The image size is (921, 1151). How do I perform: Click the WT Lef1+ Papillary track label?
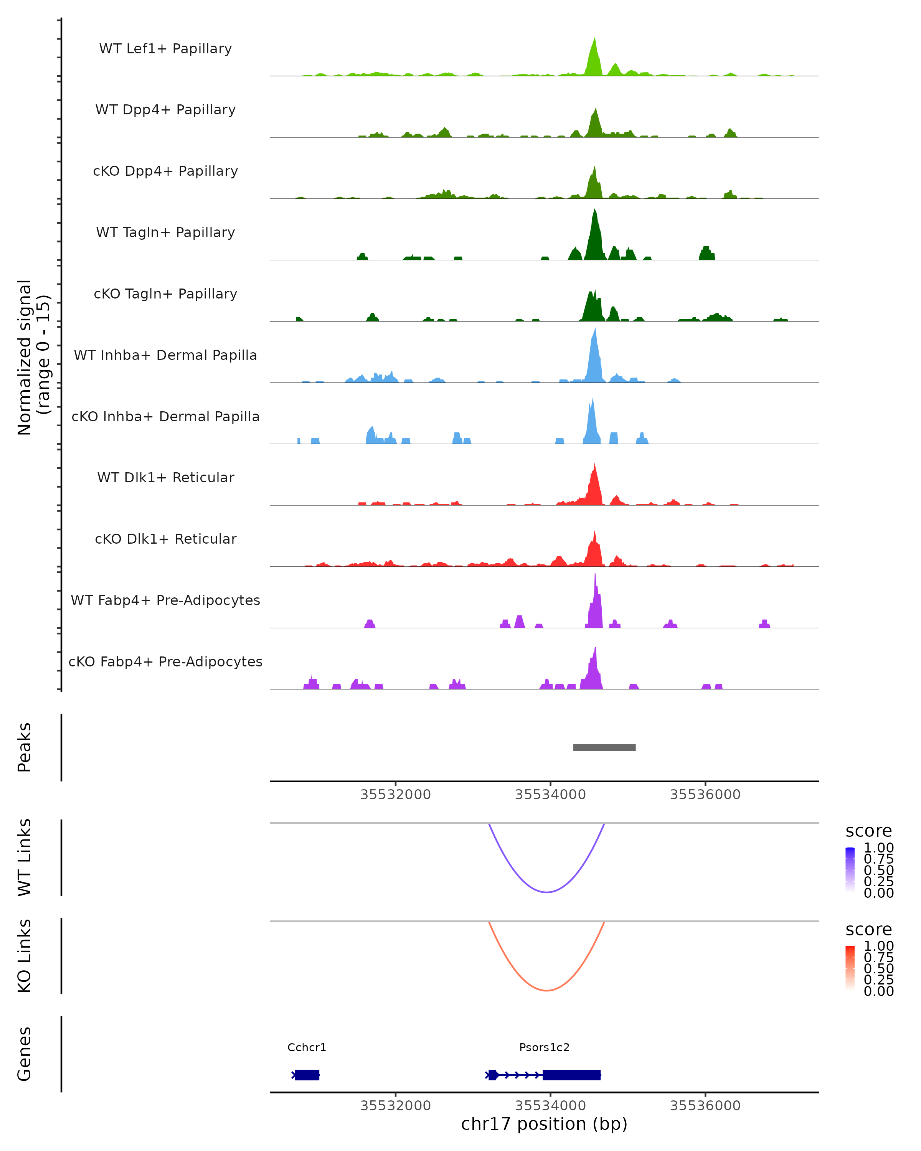coord(165,49)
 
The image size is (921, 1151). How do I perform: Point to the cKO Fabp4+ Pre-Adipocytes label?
coord(165,661)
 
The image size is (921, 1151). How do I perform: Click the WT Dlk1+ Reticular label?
coord(165,477)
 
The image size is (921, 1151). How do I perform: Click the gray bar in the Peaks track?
coord(604,747)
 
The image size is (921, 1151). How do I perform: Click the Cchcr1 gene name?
coord(307,1047)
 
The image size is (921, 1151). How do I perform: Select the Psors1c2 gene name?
coord(544,1047)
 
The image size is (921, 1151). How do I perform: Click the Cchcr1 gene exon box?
coord(307,1075)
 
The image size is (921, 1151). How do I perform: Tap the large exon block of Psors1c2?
coord(571,1075)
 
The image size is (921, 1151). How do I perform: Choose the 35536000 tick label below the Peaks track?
coord(705,795)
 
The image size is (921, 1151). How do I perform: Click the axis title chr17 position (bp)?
coord(544,1124)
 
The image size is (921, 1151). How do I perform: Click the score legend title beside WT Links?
coord(868,831)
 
